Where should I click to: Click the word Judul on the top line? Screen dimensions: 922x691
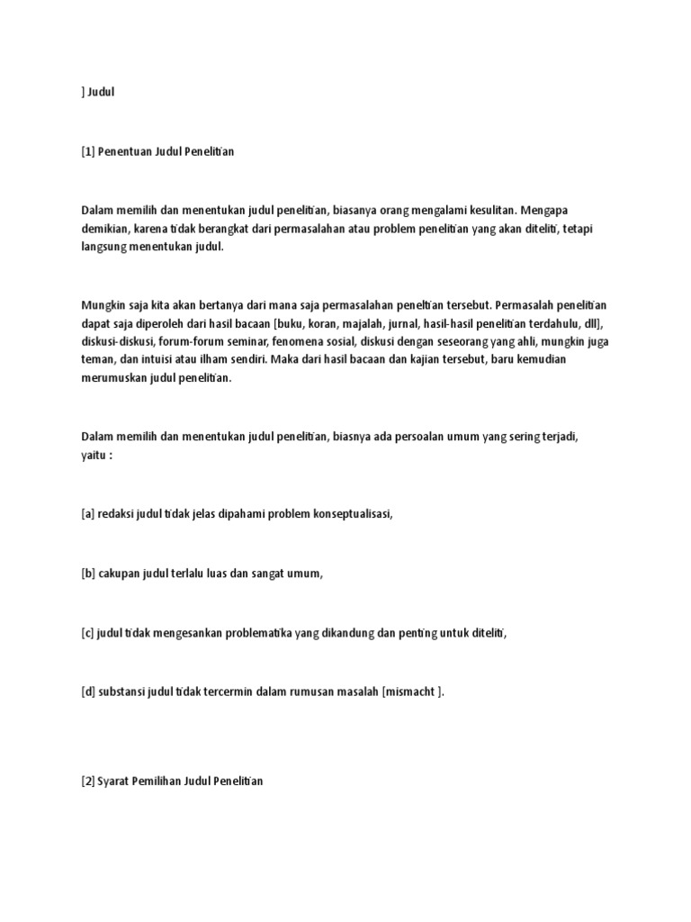tap(103, 92)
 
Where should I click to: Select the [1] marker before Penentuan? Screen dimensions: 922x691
tap(87, 152)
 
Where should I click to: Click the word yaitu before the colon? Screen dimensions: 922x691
tap(93, 455)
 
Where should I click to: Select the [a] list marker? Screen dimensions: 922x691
tap(87, 514)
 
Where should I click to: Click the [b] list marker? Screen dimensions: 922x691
tap(88, 574)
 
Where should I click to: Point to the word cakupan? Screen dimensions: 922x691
tap(122, 574)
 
